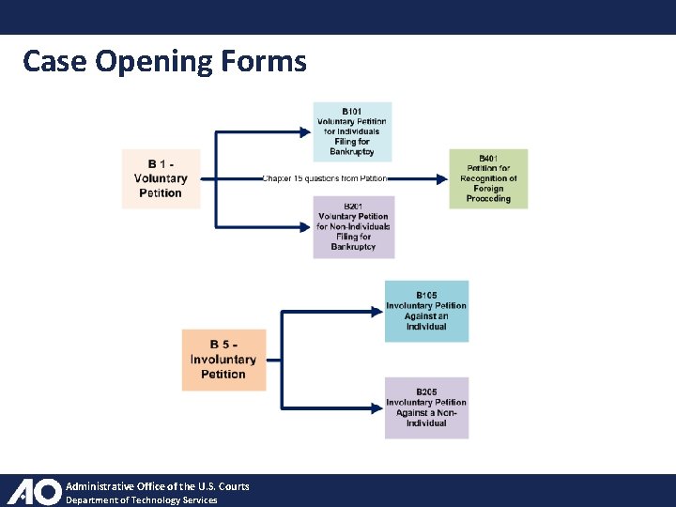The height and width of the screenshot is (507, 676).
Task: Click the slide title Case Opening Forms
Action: pos(164,61)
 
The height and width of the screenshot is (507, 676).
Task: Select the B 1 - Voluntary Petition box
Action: pos(161,178)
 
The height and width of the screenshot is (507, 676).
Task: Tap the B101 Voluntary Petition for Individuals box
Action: pos(352,131)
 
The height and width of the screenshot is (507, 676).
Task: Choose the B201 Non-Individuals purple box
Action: pos(353,226)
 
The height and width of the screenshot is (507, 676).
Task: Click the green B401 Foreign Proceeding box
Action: pos(488,178)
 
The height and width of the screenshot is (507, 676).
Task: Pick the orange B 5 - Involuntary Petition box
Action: pos(223,360)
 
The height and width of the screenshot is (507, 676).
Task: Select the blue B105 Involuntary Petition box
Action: pos(426,311)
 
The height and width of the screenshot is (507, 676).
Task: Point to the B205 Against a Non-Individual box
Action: pos(426,407)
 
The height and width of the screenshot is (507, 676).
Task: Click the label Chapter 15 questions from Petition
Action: pos(324,178)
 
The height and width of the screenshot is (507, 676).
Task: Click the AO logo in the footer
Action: pos(34,491)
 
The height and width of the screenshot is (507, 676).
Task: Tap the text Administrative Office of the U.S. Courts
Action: pos(157,486)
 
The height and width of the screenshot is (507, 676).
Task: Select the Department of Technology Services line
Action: pos(141,500)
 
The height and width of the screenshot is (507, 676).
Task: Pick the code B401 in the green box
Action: pos(488,159)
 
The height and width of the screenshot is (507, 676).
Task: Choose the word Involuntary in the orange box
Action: pos(223,360)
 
